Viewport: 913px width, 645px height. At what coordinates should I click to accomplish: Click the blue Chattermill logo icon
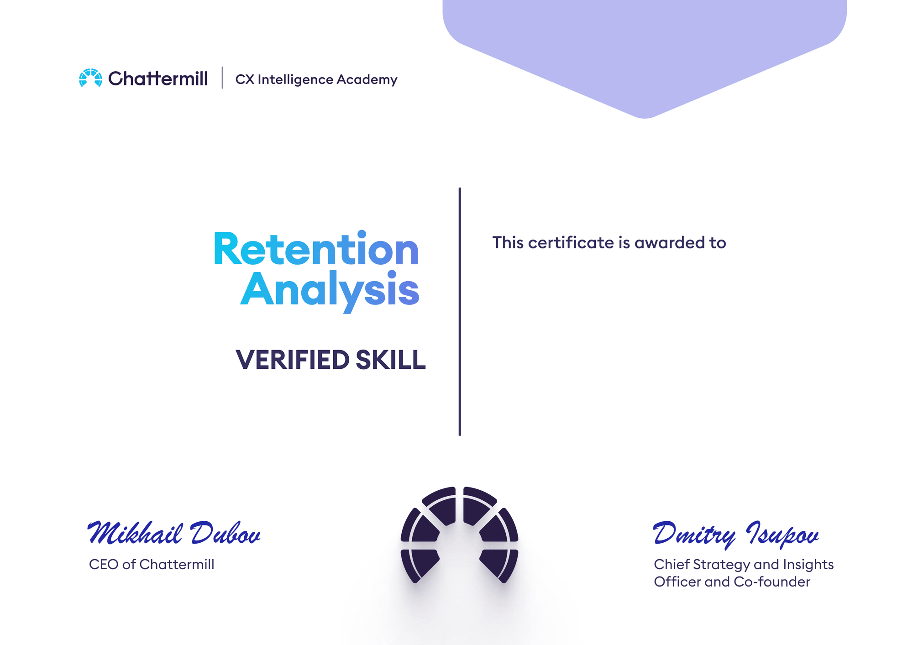click(90, 78)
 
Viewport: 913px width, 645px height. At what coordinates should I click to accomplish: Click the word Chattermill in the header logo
click(158, 79)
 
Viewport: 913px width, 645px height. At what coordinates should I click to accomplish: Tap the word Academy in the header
click(367, 80)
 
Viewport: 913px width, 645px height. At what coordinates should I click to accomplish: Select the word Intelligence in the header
click(295, 80)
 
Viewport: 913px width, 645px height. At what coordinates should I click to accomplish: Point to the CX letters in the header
click(245, 80)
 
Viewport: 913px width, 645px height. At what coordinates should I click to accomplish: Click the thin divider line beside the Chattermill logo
click(222, 78)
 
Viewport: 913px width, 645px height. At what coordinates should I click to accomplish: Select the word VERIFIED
click(292, 360)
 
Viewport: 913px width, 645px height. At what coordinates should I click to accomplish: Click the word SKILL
click(391, 360)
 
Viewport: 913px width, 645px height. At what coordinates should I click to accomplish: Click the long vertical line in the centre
click(460, 311)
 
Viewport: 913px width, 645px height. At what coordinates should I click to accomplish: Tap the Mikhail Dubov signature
click(174, 533)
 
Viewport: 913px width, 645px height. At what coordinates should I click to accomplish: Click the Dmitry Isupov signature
click(736, 534)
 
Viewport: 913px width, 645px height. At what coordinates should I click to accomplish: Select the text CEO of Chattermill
click(152, 565)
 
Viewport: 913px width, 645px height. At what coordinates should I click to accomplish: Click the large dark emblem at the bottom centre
click(459, 535)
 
